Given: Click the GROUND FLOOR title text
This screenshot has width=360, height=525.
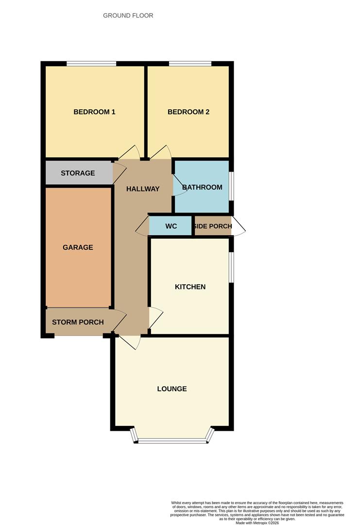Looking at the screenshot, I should coord(128,16).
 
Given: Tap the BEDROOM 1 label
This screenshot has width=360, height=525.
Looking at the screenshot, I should coord(94,112).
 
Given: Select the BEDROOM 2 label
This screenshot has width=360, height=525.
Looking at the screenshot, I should coord(189,112).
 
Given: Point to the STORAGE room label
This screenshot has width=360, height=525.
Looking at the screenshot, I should coord(78,173).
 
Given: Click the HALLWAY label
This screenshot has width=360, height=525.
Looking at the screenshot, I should coord(143,189).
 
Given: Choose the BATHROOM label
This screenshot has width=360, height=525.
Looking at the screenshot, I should coord(202,187).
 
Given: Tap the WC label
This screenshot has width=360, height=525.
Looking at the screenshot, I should coord(171,227).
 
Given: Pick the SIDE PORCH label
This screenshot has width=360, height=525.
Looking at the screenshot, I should coord(213,227).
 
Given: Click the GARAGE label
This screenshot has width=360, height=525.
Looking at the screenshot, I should coord(78,247).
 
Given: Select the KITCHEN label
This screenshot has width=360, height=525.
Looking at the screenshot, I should coord(190,287).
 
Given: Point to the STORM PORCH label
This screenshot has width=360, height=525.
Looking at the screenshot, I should coord(78,322).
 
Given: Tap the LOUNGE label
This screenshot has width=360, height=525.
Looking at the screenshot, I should coord(172,389).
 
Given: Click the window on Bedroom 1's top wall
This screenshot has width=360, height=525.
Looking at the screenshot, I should coord(91,63).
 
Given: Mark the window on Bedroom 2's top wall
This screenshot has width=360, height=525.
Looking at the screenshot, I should coord(190,63).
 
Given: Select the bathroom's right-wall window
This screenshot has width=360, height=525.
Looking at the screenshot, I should coord(231,186).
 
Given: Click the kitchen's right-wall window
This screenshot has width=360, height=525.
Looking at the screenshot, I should coord(231,266).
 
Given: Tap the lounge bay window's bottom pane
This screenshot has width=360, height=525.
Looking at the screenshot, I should coord(172,441).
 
